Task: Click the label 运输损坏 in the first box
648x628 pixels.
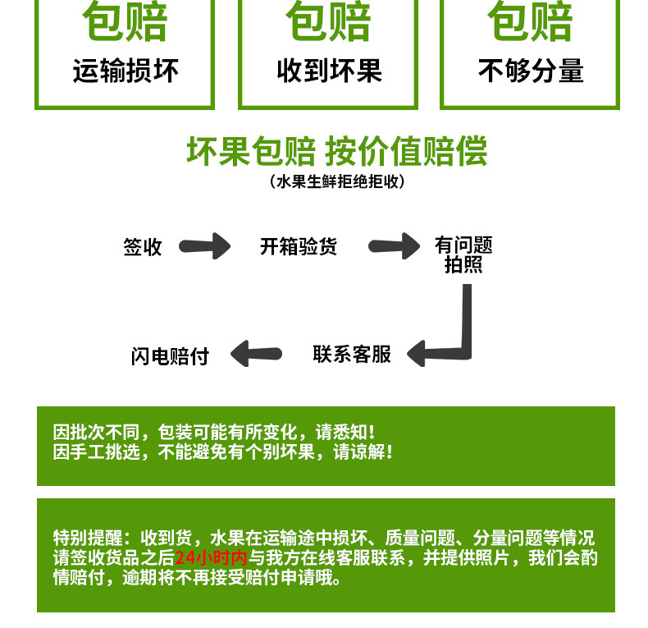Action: tap(125, 71)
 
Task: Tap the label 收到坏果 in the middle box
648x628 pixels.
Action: tap(330, 71)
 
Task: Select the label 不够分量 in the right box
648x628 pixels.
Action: tap(531, 71)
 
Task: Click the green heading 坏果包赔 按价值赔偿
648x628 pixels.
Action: tap(337, 151)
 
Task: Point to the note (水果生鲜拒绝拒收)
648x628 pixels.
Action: tap(337, 181)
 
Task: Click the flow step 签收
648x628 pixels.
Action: tap(143, 247)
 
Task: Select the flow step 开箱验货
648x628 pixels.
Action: tap(299, 246)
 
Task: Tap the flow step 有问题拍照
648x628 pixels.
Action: tap(463, 254)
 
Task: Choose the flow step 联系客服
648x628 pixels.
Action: tap(352, 354)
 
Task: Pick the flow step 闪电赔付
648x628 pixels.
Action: tap(170, 356)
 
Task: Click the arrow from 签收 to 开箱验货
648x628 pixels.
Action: tap(204, 246)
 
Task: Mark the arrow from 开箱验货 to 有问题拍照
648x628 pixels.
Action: tap(394, 246)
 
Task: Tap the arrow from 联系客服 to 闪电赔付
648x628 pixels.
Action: tap(256, 354)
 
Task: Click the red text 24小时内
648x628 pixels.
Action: tap(211, 557)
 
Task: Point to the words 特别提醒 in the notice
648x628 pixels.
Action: tap(88, 538)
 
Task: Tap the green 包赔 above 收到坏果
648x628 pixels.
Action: tap(329, 21)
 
